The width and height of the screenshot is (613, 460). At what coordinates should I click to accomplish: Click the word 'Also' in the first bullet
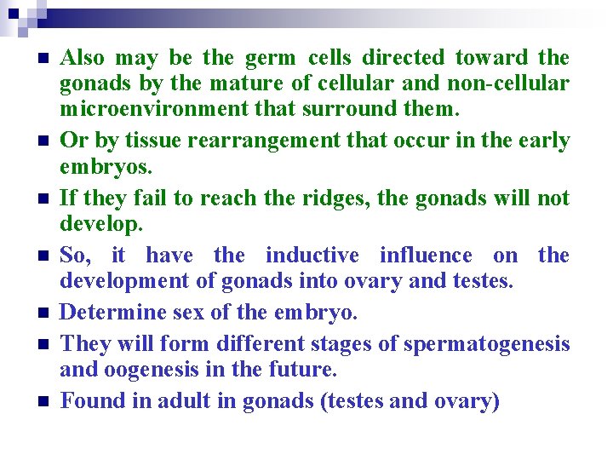83,58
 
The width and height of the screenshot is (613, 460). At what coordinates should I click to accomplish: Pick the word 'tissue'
143,141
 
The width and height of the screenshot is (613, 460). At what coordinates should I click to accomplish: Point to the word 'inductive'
312,256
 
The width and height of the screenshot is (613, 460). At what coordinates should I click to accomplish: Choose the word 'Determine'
114,313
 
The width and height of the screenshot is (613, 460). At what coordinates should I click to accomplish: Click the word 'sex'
188,313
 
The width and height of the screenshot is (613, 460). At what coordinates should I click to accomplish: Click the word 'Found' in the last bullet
93,401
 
